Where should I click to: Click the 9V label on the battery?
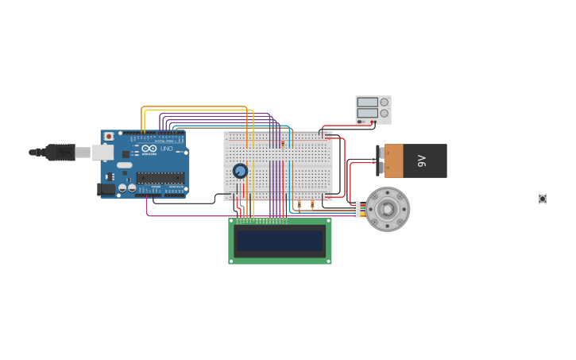[x=422, y=161]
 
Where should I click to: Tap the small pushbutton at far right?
[x=543, y=199]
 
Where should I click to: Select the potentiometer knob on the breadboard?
[x=240, y=171]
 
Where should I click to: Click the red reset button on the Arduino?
[x=109, y=137]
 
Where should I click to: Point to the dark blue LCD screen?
[x=280, y=241]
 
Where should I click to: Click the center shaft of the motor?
[x=388, y=209]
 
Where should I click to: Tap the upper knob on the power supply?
[x=385, y=102]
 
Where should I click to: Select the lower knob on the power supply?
[x=385, y=113]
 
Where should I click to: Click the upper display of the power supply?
[x=367, y=102]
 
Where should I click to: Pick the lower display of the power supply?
[x=367, y=113]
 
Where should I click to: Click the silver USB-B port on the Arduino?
[x=102, y=152]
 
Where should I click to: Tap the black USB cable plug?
[x=60, y=152]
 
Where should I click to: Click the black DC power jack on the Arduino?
[x=106, y=189]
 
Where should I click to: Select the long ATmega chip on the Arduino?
[x=160, y=178]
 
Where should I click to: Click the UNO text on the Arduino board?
[x=167, y=149]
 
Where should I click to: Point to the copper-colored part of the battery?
[x=394, y=161]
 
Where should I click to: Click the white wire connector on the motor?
[x=357, y=209]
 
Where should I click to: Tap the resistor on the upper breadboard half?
[x=282, y=144]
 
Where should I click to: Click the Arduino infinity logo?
[x=149, y=148]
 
